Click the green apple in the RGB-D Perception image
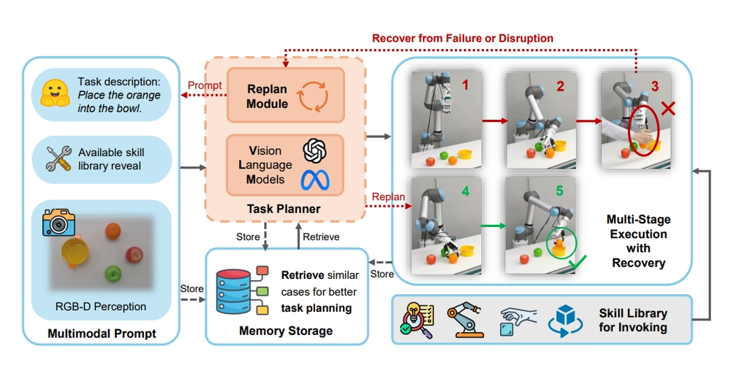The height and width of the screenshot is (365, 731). (112, 274)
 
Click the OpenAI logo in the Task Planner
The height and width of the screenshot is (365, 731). (314, 151)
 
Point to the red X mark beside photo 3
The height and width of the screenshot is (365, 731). (667, 110)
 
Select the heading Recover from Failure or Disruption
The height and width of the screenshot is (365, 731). (463, 38)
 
